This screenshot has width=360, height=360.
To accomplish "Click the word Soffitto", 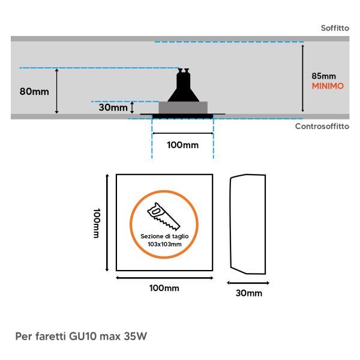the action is click(x=335, y=28).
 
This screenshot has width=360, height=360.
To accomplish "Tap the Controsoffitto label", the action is click(x=322, y=126).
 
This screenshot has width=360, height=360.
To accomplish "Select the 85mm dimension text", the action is click(x=324, y=76).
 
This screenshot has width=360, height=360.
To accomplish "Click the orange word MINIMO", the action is click(x=328, y=86).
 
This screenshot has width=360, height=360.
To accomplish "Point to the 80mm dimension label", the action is click(x=34, y=91).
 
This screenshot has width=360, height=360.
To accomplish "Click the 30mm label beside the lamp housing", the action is click(x=113, y=107).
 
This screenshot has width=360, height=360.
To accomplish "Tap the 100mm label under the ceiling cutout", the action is click(x=183, y=145).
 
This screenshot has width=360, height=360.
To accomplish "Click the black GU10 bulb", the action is click(x=183, y=85).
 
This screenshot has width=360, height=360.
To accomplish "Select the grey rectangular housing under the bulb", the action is click(x=183, y=107).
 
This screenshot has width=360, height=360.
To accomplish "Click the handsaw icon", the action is click(x=164, y=216).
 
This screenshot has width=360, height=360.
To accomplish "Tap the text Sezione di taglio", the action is click(x=164, y=236).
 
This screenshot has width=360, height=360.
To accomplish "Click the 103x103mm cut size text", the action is click(x=164, y=244).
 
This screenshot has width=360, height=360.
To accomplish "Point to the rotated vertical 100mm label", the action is click(x=97, y=223).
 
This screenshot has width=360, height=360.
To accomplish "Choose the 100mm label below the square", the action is click(x=164, y=288).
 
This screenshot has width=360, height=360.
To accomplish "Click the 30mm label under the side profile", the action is click(x=249, y=293).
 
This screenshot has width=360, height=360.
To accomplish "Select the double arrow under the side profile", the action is click(x=248, y=283).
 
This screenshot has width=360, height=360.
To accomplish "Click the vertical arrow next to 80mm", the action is click(x=57, y=91).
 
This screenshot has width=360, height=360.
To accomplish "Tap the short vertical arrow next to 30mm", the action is click(x=132, y=107).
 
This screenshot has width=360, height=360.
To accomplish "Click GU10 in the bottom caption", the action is click(x=82, y=337).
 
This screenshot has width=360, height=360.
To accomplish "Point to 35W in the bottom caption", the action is click(x=135, y=337).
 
